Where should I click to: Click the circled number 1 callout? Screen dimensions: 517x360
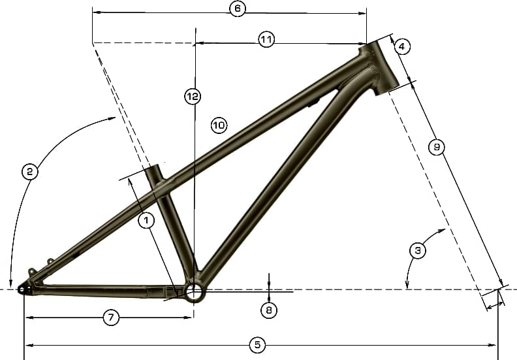click(x=146, y=220)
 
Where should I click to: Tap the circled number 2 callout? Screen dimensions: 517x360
click(x=29, y=172)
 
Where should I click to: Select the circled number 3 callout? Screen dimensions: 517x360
click(x=417, y=250)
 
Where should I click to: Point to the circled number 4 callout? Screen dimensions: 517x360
click(x=401, y=46)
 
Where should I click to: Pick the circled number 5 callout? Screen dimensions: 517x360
click(x=257, y=345)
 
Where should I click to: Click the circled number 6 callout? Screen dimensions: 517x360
click(x=238, y=8)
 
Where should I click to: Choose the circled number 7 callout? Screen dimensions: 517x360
click(x=111, y=318)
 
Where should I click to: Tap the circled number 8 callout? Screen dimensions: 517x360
click(x=269, y=310)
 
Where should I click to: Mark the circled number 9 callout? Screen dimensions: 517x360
click(x=437, y=147)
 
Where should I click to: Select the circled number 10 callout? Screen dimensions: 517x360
click(x=219, y=125)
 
